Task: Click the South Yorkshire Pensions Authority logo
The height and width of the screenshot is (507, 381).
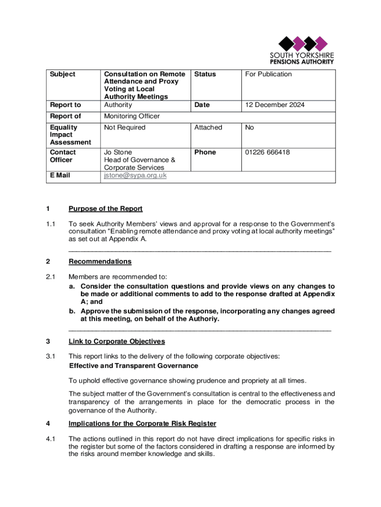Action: pos(301,50)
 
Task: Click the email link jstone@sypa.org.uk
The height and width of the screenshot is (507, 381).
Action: pos(135,176)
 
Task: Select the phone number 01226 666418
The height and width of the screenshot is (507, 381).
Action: pos(268,152)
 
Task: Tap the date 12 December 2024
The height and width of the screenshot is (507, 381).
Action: pos(275,105)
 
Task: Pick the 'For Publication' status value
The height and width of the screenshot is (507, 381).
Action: pos(269,74)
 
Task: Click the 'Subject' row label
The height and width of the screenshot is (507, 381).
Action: pos(63,74)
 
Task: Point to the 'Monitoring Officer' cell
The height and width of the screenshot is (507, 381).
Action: pos(132,116)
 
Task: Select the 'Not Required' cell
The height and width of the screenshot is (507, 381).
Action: pos(125,128)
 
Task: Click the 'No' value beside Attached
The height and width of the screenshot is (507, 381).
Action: pos(250,128)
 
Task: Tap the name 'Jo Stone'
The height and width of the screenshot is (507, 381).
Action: pos(118,152)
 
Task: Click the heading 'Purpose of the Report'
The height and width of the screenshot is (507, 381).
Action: pos(105,209)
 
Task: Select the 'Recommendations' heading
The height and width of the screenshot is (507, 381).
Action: pos(100,261)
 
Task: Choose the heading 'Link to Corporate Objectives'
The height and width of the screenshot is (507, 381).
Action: pos(116,342)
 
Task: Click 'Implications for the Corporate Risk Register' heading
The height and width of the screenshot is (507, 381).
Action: pos(142,424)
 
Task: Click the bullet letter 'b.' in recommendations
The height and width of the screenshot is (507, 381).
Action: pos(72,311)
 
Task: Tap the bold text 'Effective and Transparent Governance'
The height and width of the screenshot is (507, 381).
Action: pos(134,366)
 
